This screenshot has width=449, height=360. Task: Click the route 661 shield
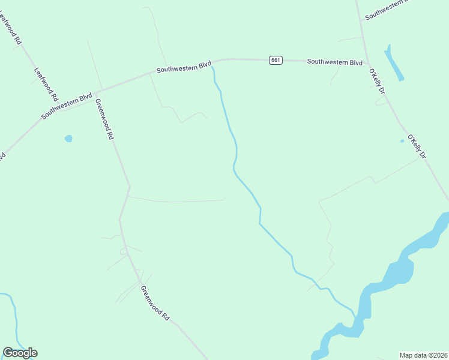276,60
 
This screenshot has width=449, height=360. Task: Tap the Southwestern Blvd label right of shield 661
335,62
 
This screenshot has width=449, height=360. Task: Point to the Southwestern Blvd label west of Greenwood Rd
67,106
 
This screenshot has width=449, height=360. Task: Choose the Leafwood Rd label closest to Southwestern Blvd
47,83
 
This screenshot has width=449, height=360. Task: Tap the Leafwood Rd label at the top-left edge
13,28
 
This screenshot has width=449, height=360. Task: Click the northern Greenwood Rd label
103,119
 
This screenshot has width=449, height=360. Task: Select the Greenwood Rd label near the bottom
155,302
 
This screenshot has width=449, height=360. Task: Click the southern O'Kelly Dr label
417,146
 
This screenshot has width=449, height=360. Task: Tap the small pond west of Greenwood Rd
68,139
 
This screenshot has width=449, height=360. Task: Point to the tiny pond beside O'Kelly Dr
402,142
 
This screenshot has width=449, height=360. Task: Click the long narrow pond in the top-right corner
394,62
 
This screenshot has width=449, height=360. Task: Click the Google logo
20,353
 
